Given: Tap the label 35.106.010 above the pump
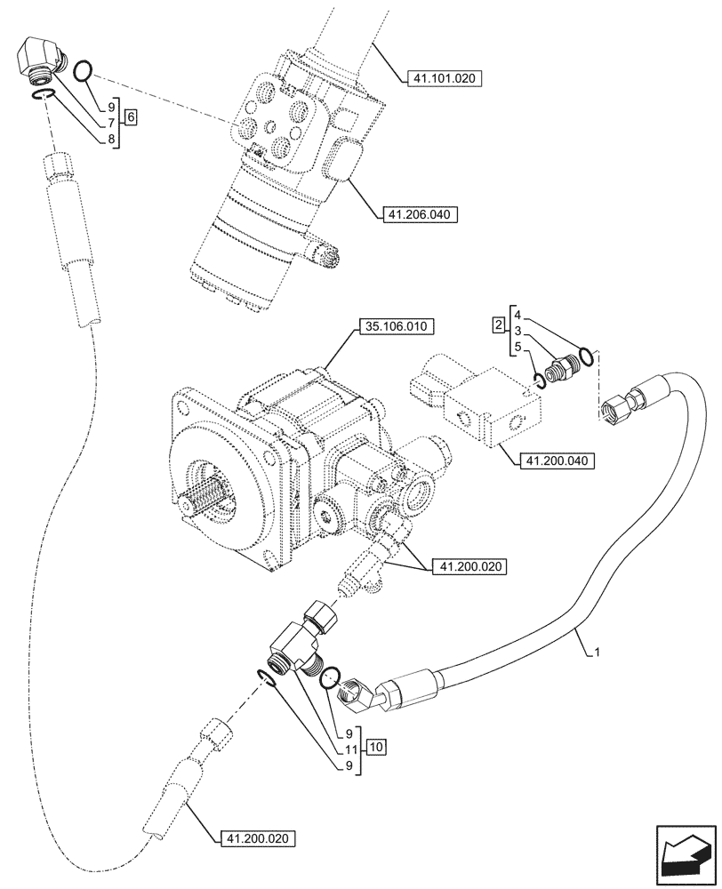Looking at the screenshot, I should point(395,327).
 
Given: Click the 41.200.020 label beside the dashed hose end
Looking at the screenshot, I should point(256,837).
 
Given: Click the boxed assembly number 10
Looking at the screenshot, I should point(375,747).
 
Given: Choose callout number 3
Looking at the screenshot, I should point(518,331).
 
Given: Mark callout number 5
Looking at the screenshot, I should point(518,346).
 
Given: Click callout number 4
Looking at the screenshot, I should point(518,315).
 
